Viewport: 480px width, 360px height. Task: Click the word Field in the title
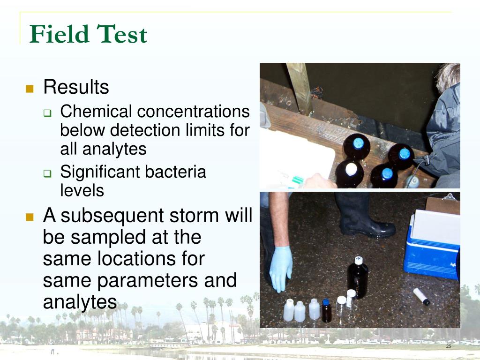point(60,34)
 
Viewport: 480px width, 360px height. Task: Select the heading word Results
point(76,87)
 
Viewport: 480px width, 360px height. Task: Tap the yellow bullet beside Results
point(30,88)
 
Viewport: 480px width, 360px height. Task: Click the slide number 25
point(448,346)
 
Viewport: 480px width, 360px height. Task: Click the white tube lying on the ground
point(421,296)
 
